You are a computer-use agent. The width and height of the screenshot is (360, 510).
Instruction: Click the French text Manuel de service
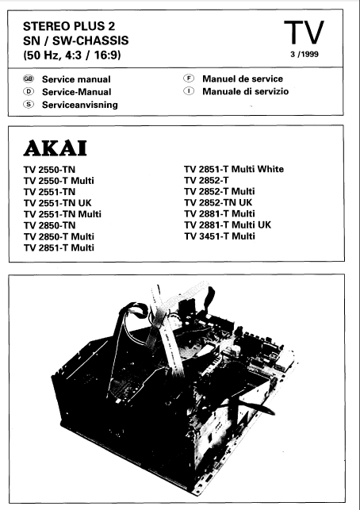coord(242,79)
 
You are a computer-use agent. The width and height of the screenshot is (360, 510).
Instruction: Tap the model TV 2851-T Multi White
coord(233,170)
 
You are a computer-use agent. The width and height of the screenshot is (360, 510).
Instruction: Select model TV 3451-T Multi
coord(219,236)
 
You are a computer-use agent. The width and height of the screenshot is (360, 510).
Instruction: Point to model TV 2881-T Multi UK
coord(227,225)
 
